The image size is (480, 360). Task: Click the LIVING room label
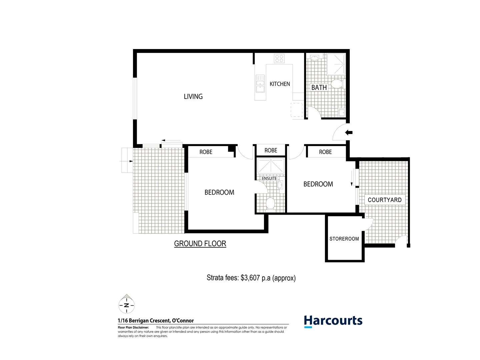click(193, 97)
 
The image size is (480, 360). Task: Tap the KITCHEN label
click(280, 84)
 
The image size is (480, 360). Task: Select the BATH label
click(319, 88)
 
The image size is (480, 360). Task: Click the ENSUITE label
click(269, 179)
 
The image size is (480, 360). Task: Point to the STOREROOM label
click(344, 239)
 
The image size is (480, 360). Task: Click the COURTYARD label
click(384, 200)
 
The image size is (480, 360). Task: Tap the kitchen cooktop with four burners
click(279, 59)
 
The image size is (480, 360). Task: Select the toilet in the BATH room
click(337, 84)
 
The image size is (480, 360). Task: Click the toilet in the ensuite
click(270, 203)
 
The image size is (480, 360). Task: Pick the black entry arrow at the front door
click(349, 133)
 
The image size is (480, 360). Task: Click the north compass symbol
click(126, 305)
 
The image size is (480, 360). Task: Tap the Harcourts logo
click(333, 321)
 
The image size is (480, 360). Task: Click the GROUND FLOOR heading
click(200, 244)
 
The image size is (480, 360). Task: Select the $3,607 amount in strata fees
click(250, 278)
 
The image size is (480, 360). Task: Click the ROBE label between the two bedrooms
click(271, 151)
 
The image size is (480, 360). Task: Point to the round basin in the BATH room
click(314, 59)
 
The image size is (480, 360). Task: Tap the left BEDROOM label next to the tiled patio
click(219, 192)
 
